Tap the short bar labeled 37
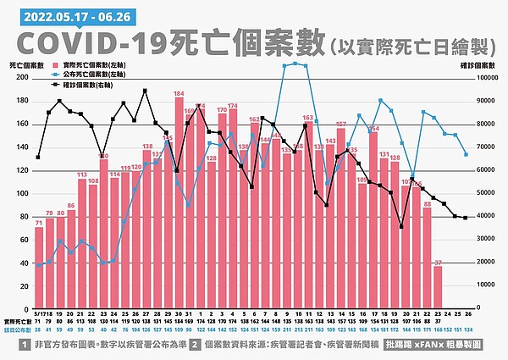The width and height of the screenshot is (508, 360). coord(438,288)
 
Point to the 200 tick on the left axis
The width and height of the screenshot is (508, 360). coord(23,78)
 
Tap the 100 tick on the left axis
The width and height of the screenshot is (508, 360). coord(23,193)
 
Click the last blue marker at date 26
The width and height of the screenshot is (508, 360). coord(466,154)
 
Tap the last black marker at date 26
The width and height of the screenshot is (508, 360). coord(466,218)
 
